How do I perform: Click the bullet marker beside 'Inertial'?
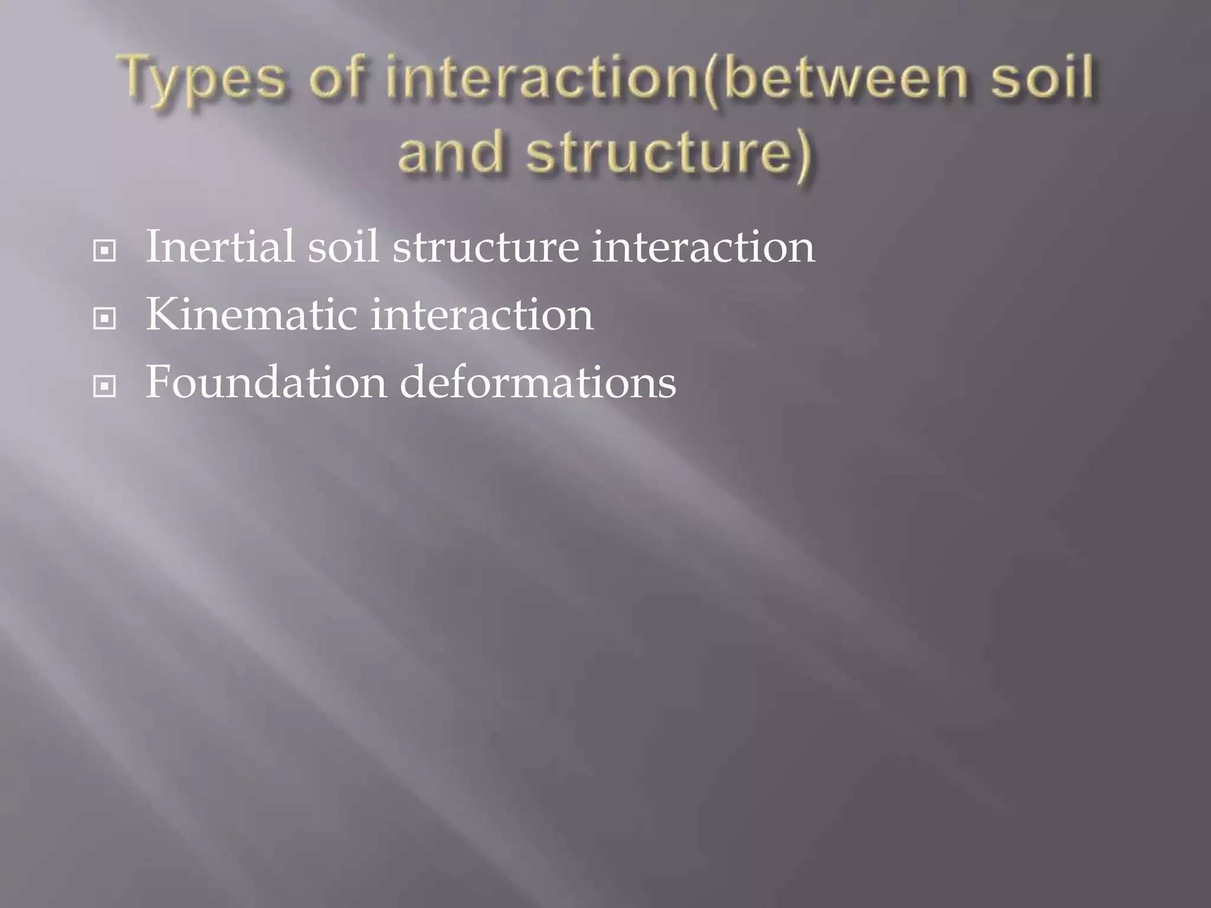click(105, 251)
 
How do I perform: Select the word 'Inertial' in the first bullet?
click(219, 247)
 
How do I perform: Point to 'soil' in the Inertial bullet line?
click(343, 247)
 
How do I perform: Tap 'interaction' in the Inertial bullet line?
click(703, 247)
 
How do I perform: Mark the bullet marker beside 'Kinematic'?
click(105, 319)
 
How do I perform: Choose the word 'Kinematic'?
click(251, 314)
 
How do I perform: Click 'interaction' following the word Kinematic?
click(481, 314)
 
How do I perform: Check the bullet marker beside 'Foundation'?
click(105, 387)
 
